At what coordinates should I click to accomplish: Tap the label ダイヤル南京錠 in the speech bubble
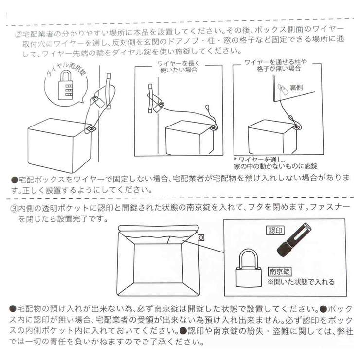[x=67, y=73]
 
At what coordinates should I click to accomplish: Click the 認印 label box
[x=275, y=231]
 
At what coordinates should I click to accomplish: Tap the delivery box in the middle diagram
[x=190, y=139]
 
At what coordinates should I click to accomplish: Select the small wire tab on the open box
[x=200, y=237]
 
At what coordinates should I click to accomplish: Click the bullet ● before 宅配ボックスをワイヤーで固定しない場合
[x=15, y=180]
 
